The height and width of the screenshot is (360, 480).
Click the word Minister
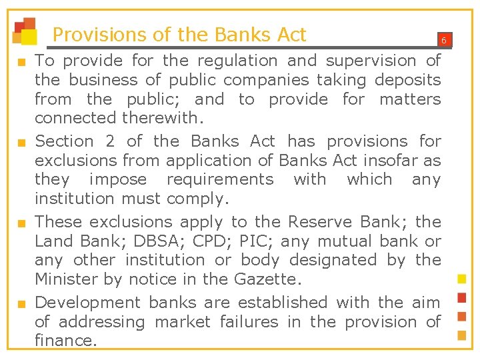(67, 279)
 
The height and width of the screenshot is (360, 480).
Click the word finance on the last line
(65, 341)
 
